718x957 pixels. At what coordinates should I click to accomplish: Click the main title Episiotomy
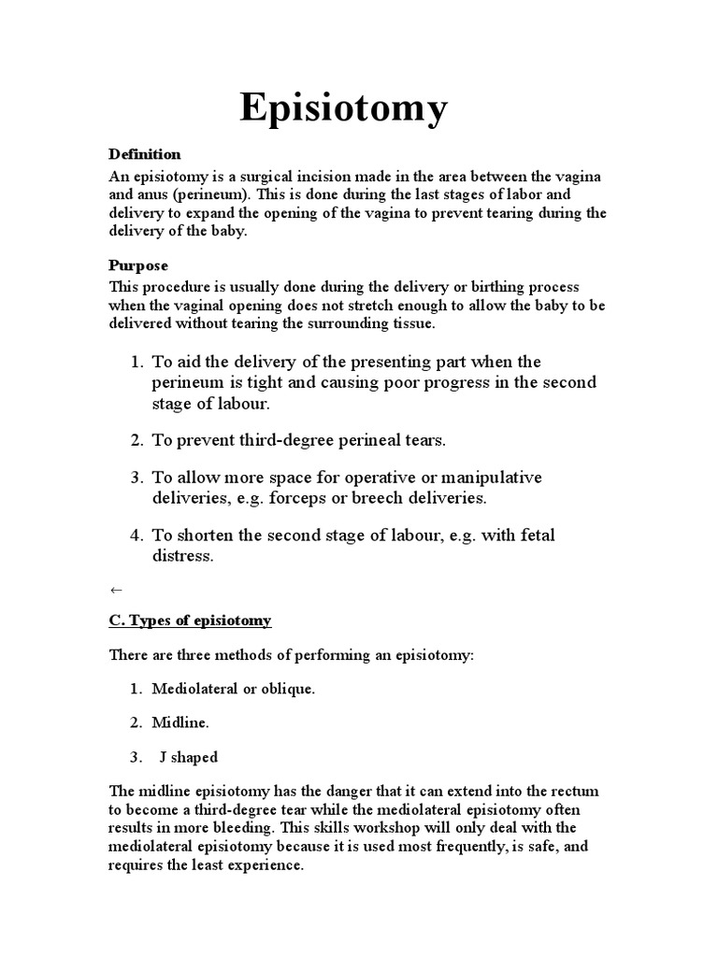tap(344, 108)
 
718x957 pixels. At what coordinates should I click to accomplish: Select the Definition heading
tap(145, 154)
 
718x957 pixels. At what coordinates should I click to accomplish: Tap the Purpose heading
tap(138, 266)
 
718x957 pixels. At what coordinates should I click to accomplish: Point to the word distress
tap(182, 556)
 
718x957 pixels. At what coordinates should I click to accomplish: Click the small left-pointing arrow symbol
tap(116, 591)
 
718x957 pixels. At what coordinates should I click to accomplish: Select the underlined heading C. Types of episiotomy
tap(191, 621)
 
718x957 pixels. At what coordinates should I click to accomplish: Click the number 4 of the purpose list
tap(135, 536)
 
